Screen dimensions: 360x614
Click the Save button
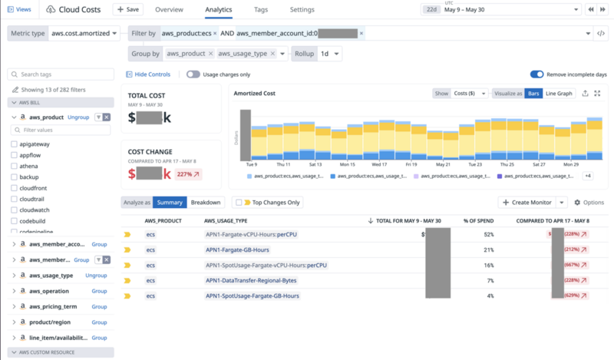click(127, 9)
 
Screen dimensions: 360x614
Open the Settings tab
click(302, 9)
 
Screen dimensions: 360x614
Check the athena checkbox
click(15, 166)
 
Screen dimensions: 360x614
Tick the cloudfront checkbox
click(15, 187)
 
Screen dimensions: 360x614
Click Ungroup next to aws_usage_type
click(96, 275)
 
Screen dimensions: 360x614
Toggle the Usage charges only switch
click(193, 74)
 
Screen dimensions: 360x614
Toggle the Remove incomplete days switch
click(537, 74)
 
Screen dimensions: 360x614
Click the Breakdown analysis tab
click(206, 203)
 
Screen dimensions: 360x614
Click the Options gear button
click(589, 203)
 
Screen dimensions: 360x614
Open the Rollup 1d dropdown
click(327, 54)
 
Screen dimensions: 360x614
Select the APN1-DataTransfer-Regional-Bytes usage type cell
click(251, 280)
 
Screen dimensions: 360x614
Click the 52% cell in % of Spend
click(489, 234)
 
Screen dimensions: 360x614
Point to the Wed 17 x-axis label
click(379, 163)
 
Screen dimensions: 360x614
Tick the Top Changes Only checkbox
click(237, 203)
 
